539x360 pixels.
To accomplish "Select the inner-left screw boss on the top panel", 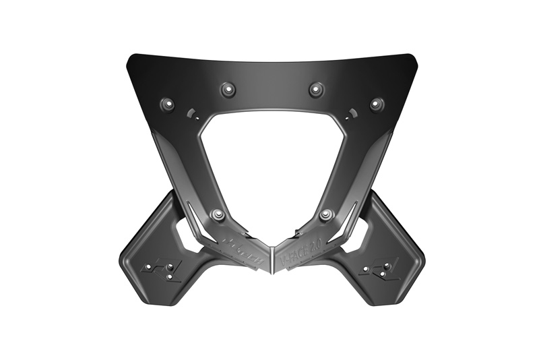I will coord(226,88).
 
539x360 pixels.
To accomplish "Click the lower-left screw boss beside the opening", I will coord(217,214).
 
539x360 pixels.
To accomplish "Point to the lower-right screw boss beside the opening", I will coord(326,214).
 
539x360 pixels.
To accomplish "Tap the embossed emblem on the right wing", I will coord(381,269).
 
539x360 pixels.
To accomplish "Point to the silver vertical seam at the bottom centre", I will coord(271,260).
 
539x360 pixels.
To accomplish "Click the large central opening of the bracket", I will coord(271,162).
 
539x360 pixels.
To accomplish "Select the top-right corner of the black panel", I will coord(412,56).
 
